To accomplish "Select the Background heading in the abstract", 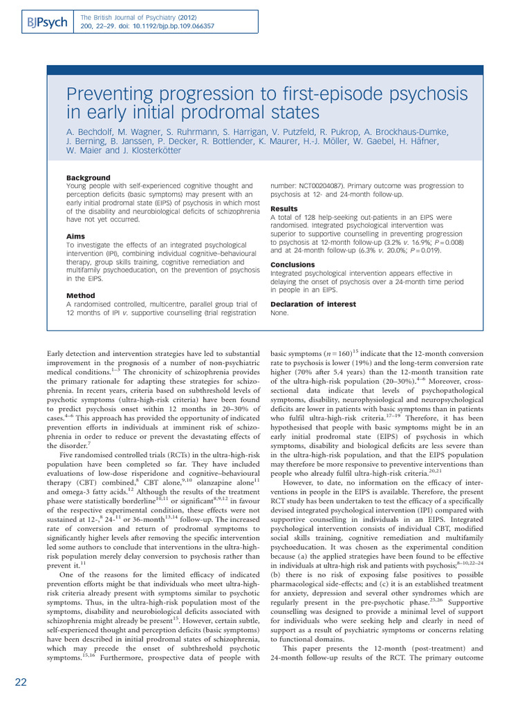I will click(x=88, y=178).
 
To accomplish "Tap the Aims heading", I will click(x=77, y=236).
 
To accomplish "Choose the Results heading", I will click(x=284, y=209).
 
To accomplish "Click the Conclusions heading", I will click(x=292, y=265).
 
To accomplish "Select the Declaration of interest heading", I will click(x=313, y=304).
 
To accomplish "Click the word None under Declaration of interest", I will click(x=279, y=313).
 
